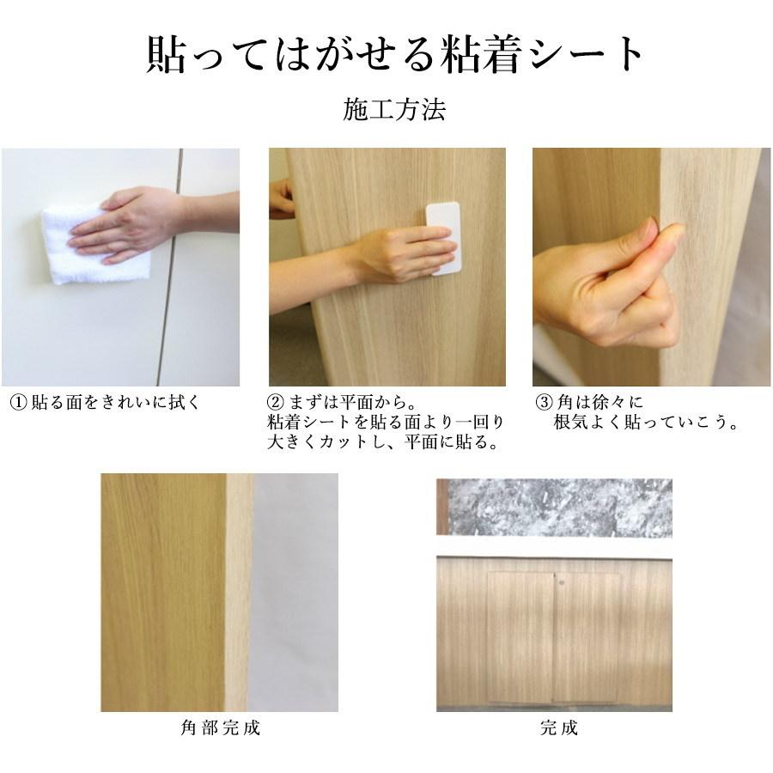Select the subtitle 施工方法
tap(394, 111)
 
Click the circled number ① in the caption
tap(19, 402)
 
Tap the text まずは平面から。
tap(344, 402)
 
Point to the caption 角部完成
tap(222, 728)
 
